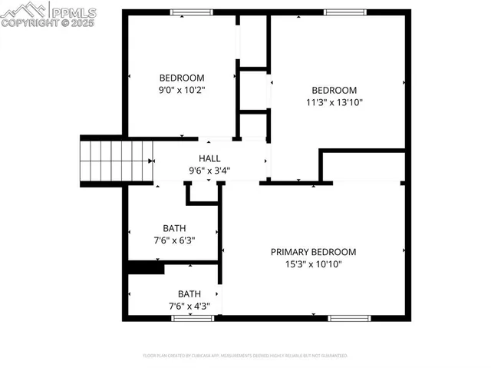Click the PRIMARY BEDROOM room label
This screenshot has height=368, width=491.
(x=313, y=252)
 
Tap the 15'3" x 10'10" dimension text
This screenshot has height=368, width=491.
(x=313, y=264)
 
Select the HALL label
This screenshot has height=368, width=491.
(x=209, y=158)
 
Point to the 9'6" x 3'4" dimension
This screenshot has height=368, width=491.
(x=209, y=171)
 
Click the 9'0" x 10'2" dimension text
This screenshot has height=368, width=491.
(x=182, y=90)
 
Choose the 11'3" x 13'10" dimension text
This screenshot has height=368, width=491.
(x=334, y=101)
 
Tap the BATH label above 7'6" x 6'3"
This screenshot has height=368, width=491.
(x=174, y=228)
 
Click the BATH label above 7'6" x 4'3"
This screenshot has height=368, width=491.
(x=189, y=293)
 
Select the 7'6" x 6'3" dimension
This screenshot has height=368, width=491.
(x=174, y=240)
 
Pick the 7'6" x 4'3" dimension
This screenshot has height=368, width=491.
(x=189, y=306)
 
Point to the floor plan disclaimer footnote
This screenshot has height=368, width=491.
(x=245, y=356)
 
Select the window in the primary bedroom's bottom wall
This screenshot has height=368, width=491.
(x=349, y=317)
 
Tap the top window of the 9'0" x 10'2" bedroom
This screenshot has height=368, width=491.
(x=192, y=12)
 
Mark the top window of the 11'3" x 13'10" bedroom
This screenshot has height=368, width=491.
(x=344, y=12)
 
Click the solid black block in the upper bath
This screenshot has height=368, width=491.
(x=146, y=268)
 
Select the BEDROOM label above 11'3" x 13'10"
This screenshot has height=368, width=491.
(x=334, y=90)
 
